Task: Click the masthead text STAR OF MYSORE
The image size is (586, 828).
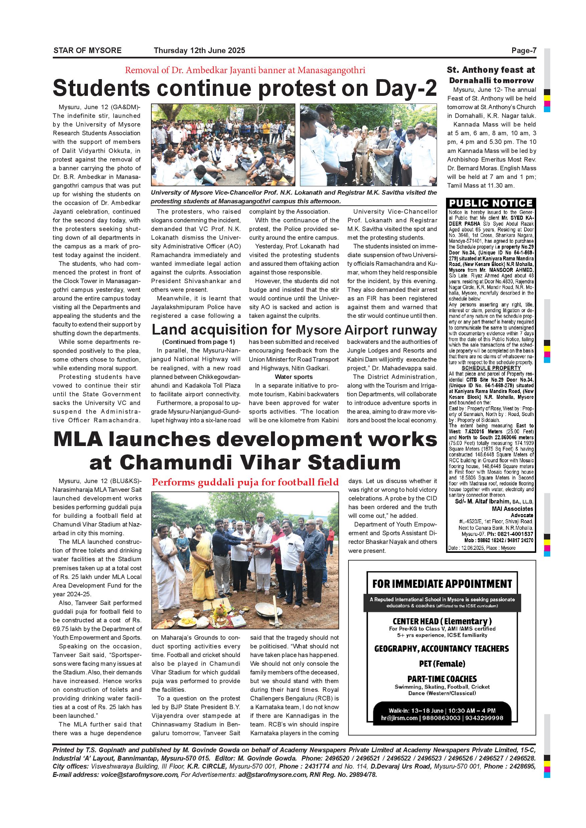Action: coord(87,50)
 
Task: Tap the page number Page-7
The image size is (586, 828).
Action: coord(524,50)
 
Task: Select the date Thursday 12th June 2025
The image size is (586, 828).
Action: coord(199,50)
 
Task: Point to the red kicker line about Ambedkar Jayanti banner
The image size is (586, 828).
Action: coord(245,70)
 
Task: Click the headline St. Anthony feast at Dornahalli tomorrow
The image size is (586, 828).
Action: coord(491,75)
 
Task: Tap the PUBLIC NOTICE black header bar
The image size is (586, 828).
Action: coord(491,203)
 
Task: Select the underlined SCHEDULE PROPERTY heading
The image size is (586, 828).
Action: coord(491,368)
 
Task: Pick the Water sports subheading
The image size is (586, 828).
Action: coord(294,377)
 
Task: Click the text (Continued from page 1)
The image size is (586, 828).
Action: coord(198,342)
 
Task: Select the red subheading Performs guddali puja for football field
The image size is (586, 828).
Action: coord(245,482)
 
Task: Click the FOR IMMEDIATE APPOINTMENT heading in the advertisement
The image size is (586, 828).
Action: coord(442,584)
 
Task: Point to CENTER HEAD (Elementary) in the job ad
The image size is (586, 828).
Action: coord(442,621)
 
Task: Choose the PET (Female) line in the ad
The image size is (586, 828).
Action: coord(442,663)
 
